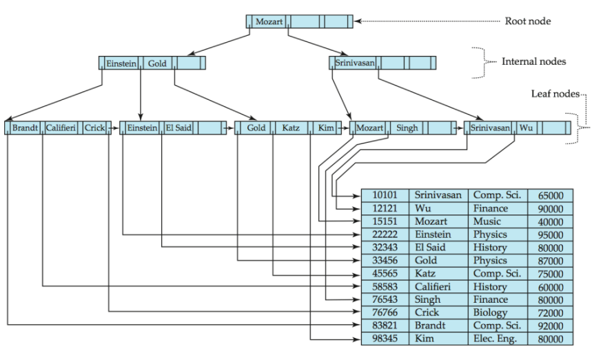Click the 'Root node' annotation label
point(528,21)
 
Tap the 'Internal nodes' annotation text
point(534,61)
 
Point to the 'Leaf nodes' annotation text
point(555,94)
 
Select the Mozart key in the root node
point(269,21)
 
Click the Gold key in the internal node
point(157,63)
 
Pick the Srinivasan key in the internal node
point(355,63)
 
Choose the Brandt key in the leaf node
point(25,128)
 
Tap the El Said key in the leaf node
point(178,128)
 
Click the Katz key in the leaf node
point(291,128)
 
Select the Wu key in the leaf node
point(526,128)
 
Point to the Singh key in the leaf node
point(407,128)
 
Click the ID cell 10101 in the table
point(385,195)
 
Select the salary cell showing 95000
point(551,235)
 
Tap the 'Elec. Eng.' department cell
point(495,339)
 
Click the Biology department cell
point(490,312)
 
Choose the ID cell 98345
point(385,338)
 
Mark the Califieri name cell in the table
point(433,286)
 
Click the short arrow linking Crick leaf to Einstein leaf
point(113,128)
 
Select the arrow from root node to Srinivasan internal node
point(318,46)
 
